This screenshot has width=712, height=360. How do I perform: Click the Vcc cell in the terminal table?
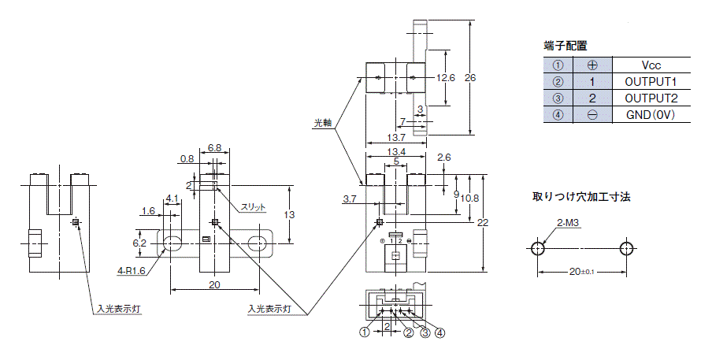tap(651, 65)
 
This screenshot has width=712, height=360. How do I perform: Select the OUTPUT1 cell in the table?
tap(651, 82)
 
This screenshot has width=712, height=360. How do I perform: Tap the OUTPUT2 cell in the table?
tap(651, 98)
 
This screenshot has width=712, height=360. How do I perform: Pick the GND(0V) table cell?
tap(651, 115)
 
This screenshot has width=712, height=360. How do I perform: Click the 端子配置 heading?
tap(566, 46)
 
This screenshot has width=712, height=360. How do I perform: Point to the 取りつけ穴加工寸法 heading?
tap(581, 197)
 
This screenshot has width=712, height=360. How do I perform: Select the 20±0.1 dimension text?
tap(582, 272)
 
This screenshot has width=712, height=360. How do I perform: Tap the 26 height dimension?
tap(470, 78)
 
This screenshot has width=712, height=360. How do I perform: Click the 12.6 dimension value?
tap(446, 78)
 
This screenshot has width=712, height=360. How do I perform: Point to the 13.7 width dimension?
tap(396, 138)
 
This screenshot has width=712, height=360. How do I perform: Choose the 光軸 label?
tap(323, 123)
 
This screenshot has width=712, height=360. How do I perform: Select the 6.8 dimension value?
tap(214, 147)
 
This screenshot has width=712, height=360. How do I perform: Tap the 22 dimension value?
tap(483, 222)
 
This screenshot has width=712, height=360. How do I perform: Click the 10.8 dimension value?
tap(469, 199)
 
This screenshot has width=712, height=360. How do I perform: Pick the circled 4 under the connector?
tap(439, 332)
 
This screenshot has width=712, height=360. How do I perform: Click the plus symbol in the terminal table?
tap(592, 65)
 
